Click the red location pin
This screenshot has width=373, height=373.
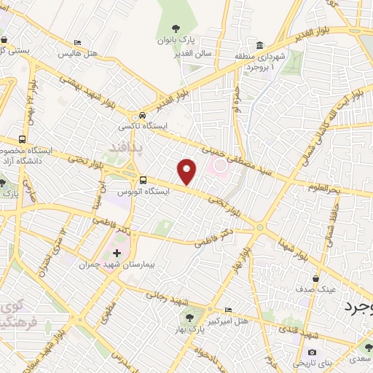point(187,171)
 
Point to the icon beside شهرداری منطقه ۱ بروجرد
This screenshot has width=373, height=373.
point(260,45)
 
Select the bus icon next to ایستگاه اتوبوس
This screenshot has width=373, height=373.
point(143,180)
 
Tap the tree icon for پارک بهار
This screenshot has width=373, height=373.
point(191,317)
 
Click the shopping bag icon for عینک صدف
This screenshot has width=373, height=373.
point(315,278)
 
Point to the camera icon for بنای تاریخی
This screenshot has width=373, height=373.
point(312,353)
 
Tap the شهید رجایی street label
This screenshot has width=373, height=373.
point(168,297)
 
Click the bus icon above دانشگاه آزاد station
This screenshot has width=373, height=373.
point(23,138)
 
